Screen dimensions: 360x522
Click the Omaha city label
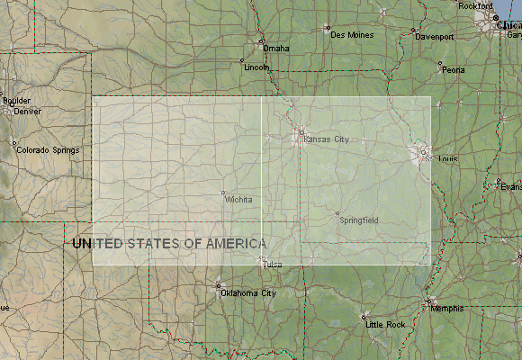coord(276,49)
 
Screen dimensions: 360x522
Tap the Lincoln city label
coord(256,67)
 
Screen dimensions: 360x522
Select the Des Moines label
coord(352,35)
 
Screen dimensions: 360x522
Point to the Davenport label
coord(434,37)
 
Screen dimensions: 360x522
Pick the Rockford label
coord(475,6)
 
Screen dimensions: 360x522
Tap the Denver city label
coord(27,112)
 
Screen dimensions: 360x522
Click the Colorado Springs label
coord(49,150)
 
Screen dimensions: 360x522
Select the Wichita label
coord(239,199)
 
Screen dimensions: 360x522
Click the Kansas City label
coord(326,139)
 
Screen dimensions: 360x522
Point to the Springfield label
coord(359,220)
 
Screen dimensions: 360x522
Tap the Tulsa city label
coord(273,265)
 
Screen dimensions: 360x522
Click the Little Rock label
coord(385,324)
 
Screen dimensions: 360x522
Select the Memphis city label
coord(448,309)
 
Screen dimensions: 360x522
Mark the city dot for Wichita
coord(223,193)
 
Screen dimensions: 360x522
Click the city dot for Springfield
coord(337,213)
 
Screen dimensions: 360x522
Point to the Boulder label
coord(16,101)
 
